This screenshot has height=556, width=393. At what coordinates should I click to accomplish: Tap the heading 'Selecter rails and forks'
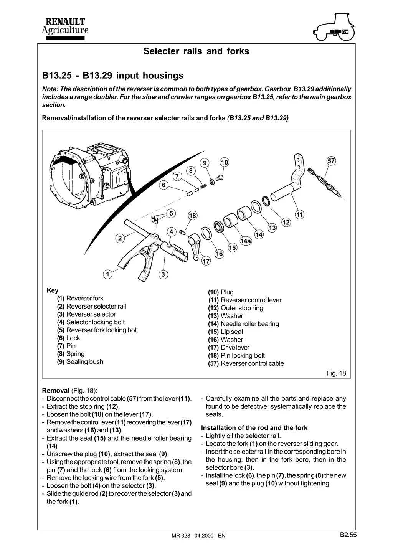196,51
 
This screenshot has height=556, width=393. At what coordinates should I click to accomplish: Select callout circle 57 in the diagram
331,161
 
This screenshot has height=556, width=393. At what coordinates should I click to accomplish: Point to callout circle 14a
245,241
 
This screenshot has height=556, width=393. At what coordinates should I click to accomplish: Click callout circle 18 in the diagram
192,216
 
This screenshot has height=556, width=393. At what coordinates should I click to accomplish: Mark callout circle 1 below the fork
108,274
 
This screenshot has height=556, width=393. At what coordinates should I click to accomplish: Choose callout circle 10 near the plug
224,162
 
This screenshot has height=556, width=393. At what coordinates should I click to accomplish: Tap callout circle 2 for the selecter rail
120,238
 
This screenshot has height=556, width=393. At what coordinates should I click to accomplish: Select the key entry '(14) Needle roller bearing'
244,324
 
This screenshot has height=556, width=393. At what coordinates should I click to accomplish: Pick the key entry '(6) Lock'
69,338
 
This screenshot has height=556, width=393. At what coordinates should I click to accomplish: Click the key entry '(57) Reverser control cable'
246,363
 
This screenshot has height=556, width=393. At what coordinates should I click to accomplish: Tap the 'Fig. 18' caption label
336,373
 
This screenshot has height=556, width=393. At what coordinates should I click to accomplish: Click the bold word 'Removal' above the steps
56,391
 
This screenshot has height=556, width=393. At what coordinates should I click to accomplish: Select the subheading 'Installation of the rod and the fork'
254,428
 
